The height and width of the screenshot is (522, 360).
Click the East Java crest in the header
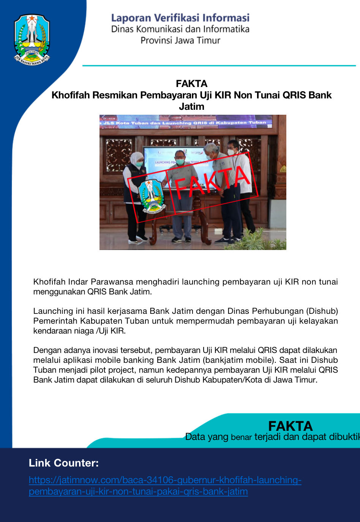[x=32, y=39]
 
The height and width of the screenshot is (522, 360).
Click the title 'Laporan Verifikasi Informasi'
[x=180, y=18]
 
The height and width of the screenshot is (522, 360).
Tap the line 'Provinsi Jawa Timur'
[x=180, y=40]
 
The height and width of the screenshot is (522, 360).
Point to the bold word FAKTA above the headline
[x=191, y=84]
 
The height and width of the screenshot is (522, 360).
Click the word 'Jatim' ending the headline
[x=191, y=107]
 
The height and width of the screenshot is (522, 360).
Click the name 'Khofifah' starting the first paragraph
[x=49, y=282]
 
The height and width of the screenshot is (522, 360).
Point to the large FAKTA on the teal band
[x=290, y=426]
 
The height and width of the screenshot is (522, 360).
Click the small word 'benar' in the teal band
[x=241, y=437]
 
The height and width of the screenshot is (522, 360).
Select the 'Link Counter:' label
[x=64, y=463]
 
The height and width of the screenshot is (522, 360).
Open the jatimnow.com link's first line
[x=165, y=480]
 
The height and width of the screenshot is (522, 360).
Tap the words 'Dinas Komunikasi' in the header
[x=142, y=29]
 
